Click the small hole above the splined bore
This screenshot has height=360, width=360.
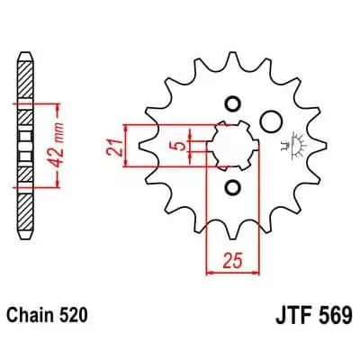pyautogui.click(x=231, y=101)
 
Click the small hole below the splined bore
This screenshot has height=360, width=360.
pyautogui.click(x=231, y=187)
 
